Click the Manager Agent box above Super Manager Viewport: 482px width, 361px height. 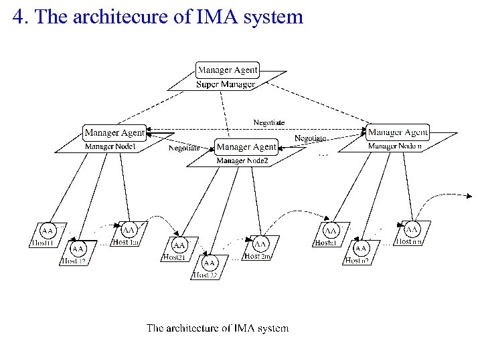click(x=228, y=70)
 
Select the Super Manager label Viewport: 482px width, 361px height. click(x=226, y=84)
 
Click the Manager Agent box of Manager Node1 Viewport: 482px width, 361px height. click(x=114, y=132)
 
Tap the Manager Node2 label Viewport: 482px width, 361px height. click(x=242, y=160)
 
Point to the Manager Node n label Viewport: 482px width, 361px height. click(x=395, y=146)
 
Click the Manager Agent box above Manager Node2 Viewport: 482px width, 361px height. click(x=246, y=146)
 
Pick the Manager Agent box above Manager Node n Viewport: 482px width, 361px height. click(x=398, y=132)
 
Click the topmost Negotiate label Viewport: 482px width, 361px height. click(x=269, y=122)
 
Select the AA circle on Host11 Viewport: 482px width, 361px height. click(x=48, y=231)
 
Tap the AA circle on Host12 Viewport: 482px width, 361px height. click(x=78, y=248)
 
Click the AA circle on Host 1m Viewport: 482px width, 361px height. click(x=129, y=230)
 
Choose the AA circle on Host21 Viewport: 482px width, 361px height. click(x=179, y=245)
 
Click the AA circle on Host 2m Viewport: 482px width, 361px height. click(x=260, y=244)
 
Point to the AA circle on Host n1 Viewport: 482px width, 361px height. click(x=331, y=231)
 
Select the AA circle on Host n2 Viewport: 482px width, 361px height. click(x=361, y=248)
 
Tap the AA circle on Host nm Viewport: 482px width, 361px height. click(x=412, y=229)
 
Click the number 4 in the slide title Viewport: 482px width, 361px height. click(x=19, y=17)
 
